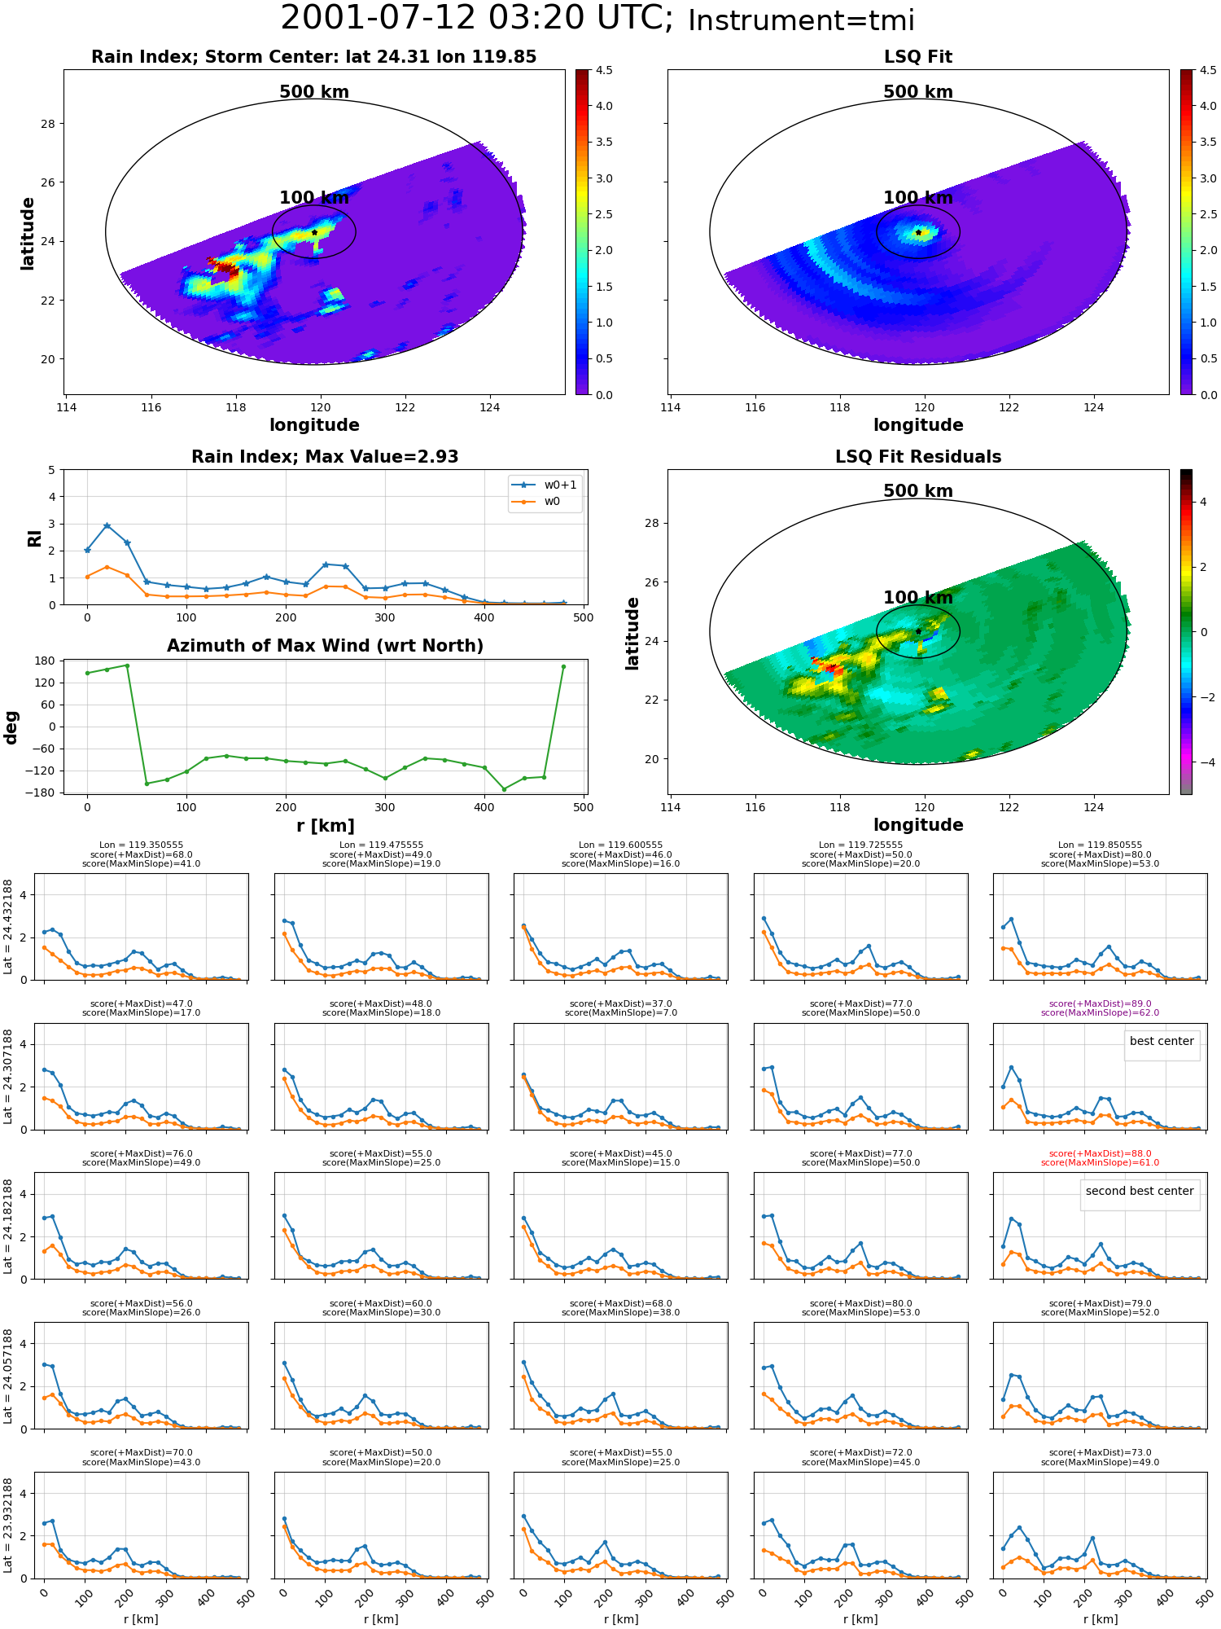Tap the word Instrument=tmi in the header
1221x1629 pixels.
(801, 21)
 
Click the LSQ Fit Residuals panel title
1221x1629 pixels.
(918, 457)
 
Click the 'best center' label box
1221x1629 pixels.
(1162, 1042)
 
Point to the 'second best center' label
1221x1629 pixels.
(1140, 1192)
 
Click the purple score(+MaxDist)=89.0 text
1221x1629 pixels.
(1100, 1004)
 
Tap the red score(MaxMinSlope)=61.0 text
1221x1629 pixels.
(1100, 1163)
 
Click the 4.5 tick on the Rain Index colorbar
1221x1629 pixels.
(604, 71)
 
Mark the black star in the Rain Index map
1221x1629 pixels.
(314, 232)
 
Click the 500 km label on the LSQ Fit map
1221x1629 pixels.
(918, 92)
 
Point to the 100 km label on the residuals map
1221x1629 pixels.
(918, 598)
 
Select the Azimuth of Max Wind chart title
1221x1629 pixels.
(325, 646)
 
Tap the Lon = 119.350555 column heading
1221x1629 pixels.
(141, 845)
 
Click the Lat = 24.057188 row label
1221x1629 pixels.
(8, 1377)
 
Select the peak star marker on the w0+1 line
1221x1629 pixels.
(107, 526)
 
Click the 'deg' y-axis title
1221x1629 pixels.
(11, 727)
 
